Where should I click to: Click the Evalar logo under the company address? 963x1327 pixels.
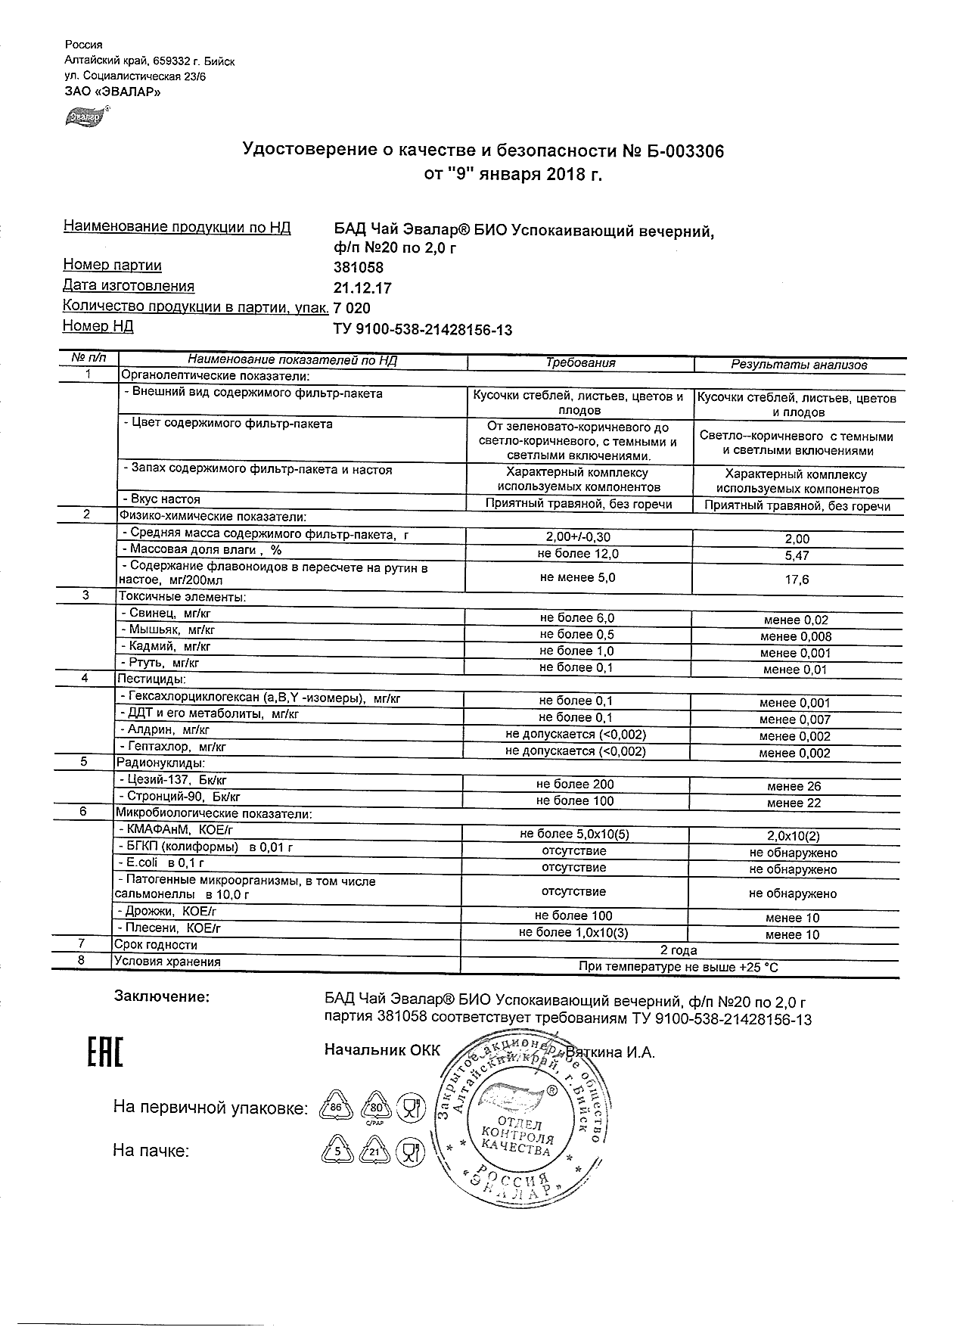pyautogui.click(x=82, y=117)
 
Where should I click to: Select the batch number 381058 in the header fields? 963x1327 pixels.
pyautogui.click(x=359, y=268)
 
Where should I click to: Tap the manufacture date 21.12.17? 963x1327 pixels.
pyautogui.click(x=362, y=288)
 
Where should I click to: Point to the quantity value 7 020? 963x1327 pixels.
pyautogui.click(x=353, y=309)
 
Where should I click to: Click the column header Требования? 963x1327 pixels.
pyautogui.click(x=580, y=363)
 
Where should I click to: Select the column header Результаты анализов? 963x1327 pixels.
pyautogui.click(x=798, y=365)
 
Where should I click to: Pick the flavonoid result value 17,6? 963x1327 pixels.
pyautogui.click(x=797, y=580)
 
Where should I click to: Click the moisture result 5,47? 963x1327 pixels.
pyautogui.click(x=797, y=556)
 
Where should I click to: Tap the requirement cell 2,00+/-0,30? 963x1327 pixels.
pyautogui.click(x=578, y=537)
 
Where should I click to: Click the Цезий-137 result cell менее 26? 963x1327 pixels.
pyautogui.click(x=794, y=787)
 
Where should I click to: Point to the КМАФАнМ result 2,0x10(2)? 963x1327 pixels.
pyautogui.click(x=794, y=836)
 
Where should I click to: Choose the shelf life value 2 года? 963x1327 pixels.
pyautogui.click(x=679, y=950)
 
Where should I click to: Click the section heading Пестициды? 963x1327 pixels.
pyautogui.click(x=151, y=679)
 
